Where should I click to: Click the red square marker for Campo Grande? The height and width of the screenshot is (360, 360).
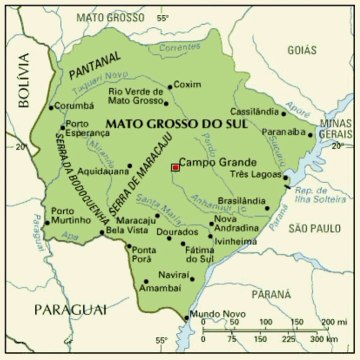point(175,167)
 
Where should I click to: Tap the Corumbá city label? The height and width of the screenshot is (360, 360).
point(74,104)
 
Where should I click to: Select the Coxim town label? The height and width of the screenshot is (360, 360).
point(188,84)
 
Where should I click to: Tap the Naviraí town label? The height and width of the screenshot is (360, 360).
point(176,273)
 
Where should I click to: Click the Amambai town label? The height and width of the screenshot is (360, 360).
point(160,287)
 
